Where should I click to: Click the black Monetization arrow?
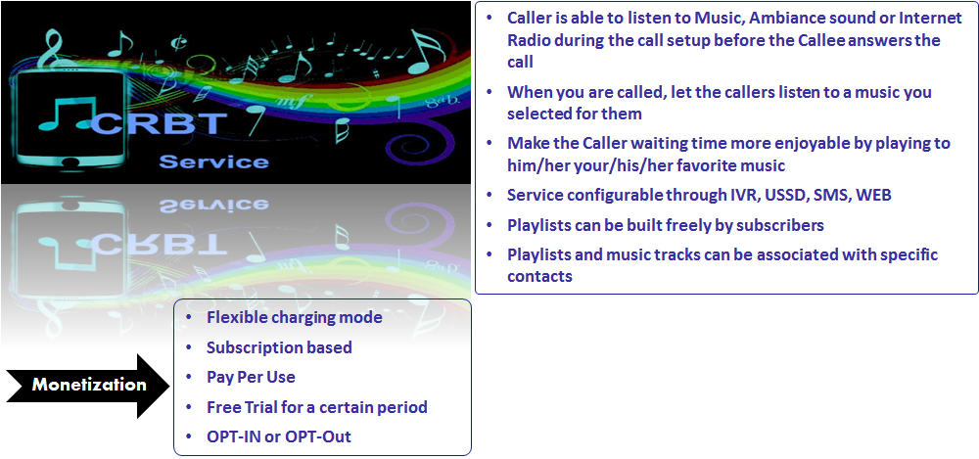pyautogui.click(x=87, y=386)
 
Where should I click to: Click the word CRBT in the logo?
pyautogui.click(x=158, y=123)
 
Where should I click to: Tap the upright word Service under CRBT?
pyautogui.click(x=214, y=161)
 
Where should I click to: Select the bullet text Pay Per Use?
pyautogui.click(x=251, y=377)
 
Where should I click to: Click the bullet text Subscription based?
pyautogui.click(x=279, y=347)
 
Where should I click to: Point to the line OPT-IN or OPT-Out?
pyautogui.click(x=278, y=436)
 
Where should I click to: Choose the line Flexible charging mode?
pyautogui.click(x=294, y=317)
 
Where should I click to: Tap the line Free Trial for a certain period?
pyautogui.click(x=317, y=407)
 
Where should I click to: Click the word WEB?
pyautogui.click(x=874, y=195)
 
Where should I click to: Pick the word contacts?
pyautogui.click(x=539, y=276)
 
